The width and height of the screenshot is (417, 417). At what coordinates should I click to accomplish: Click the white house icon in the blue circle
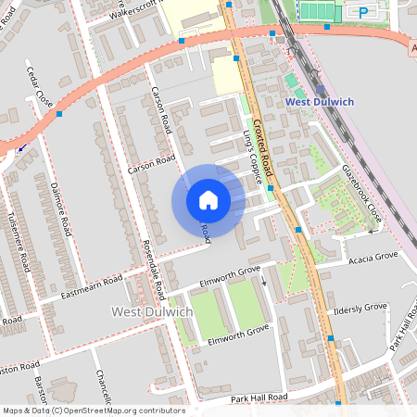[208, 199]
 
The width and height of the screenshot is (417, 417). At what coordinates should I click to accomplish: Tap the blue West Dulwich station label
[321, 101]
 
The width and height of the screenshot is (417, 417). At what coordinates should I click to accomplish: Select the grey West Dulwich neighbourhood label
[152, 312]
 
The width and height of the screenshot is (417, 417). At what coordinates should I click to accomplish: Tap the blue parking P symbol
[362, 12]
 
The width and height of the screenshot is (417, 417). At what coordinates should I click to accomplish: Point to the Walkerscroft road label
[127, 11]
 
